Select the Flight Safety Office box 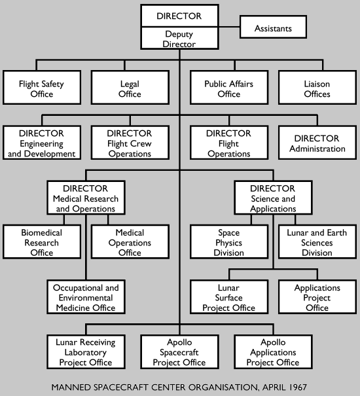pyautogui.click(x=42, y=89)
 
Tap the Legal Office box pyautogui.click(x=130, y=89)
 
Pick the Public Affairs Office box pyautogui.click(x=229, y=89)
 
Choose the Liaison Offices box pyautogui.click(x=317, y=89)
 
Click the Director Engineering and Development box pyautogui.click(x=42, y=144)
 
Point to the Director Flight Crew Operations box pyautogui.click(x=130, y=144)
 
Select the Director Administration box pyautogui.click(x=317, y=144)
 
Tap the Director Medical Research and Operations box pyautogui.click(x=86, y=198)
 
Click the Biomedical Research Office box pyautogui.click(x=42, y=243)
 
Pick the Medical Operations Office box pyautogui.click(x=130, y=243)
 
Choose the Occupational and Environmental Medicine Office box pyautogui.click(x=86, y=298)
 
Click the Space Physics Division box pyautogui.click(x=229, y=243)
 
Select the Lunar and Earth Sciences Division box pyautogui.click(x=317, y=243)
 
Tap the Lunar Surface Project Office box pyautogui.click(x=229, y=298)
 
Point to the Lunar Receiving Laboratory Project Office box pyautogui.click(x=86, y=352)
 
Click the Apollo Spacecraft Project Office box pyautogui.click(x=179, y=352)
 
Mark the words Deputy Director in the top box pyautogui.click(x=179, y=39)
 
